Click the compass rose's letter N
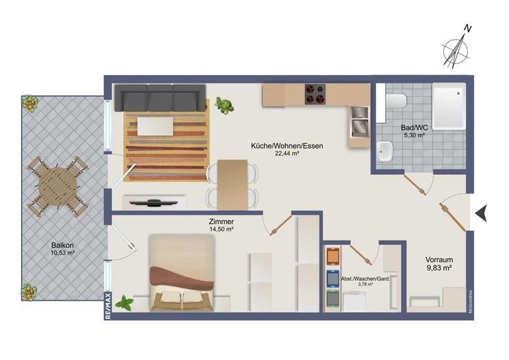[467, 29]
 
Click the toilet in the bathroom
[396, 100]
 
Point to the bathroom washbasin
[385, 152]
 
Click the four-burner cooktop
[315, 94]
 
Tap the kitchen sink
[360, 122]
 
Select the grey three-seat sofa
[160, 98]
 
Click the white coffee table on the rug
[155, 126]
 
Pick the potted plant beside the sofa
[224, 105]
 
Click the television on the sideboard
[154, 204]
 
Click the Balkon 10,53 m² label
[63, 249]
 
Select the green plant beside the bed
[125, 303]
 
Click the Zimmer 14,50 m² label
[221, 225]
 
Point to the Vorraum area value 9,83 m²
[439, 268]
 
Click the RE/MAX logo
[108, 306]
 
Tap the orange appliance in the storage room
[333, 256]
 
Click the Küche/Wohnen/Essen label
[287, 146]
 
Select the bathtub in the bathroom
[449, 107]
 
